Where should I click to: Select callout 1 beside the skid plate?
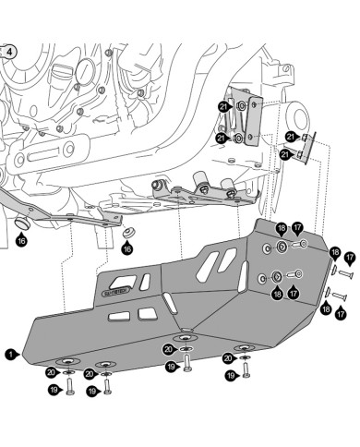tap(10, 353)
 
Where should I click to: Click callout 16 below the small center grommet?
tap(128, 249)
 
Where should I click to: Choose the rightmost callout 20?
tap(228, 357)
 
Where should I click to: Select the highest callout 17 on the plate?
tap(297, 227)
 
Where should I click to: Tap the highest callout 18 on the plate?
tap(281, 227)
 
